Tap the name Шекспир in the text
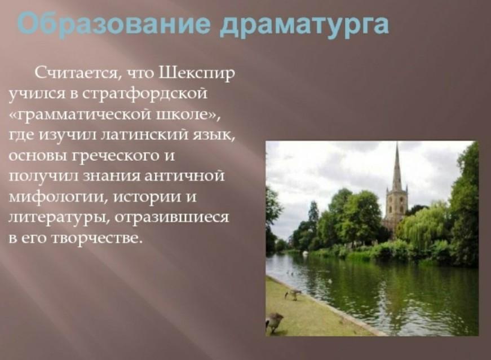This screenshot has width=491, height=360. click(197, 74)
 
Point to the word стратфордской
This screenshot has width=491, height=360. click(145, 94)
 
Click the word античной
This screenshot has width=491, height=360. click(184, 176)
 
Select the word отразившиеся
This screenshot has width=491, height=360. click(171, 217)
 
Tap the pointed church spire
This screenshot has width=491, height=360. click(397, 166)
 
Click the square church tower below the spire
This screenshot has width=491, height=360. click(396, 204)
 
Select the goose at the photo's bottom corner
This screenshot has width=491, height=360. click(273, 322)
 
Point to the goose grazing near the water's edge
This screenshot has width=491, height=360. click(293, 295)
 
